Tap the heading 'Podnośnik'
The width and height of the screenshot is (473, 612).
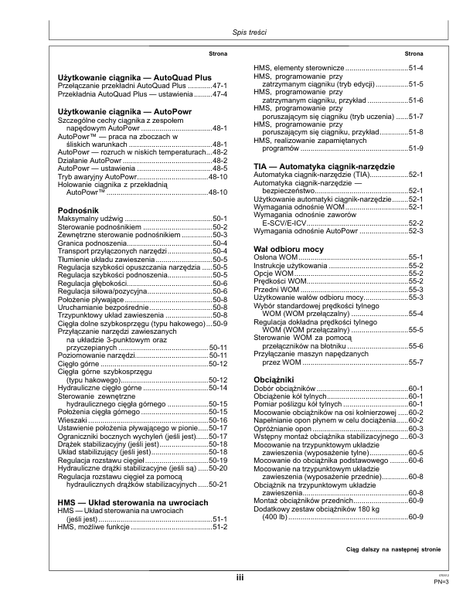pyautogui.click(x=77, y=189)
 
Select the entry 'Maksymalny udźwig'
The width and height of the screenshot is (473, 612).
pyautogui.click(x=85, y=198)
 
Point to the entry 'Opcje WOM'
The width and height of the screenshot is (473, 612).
pyautogui.click(x=274, y=251)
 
